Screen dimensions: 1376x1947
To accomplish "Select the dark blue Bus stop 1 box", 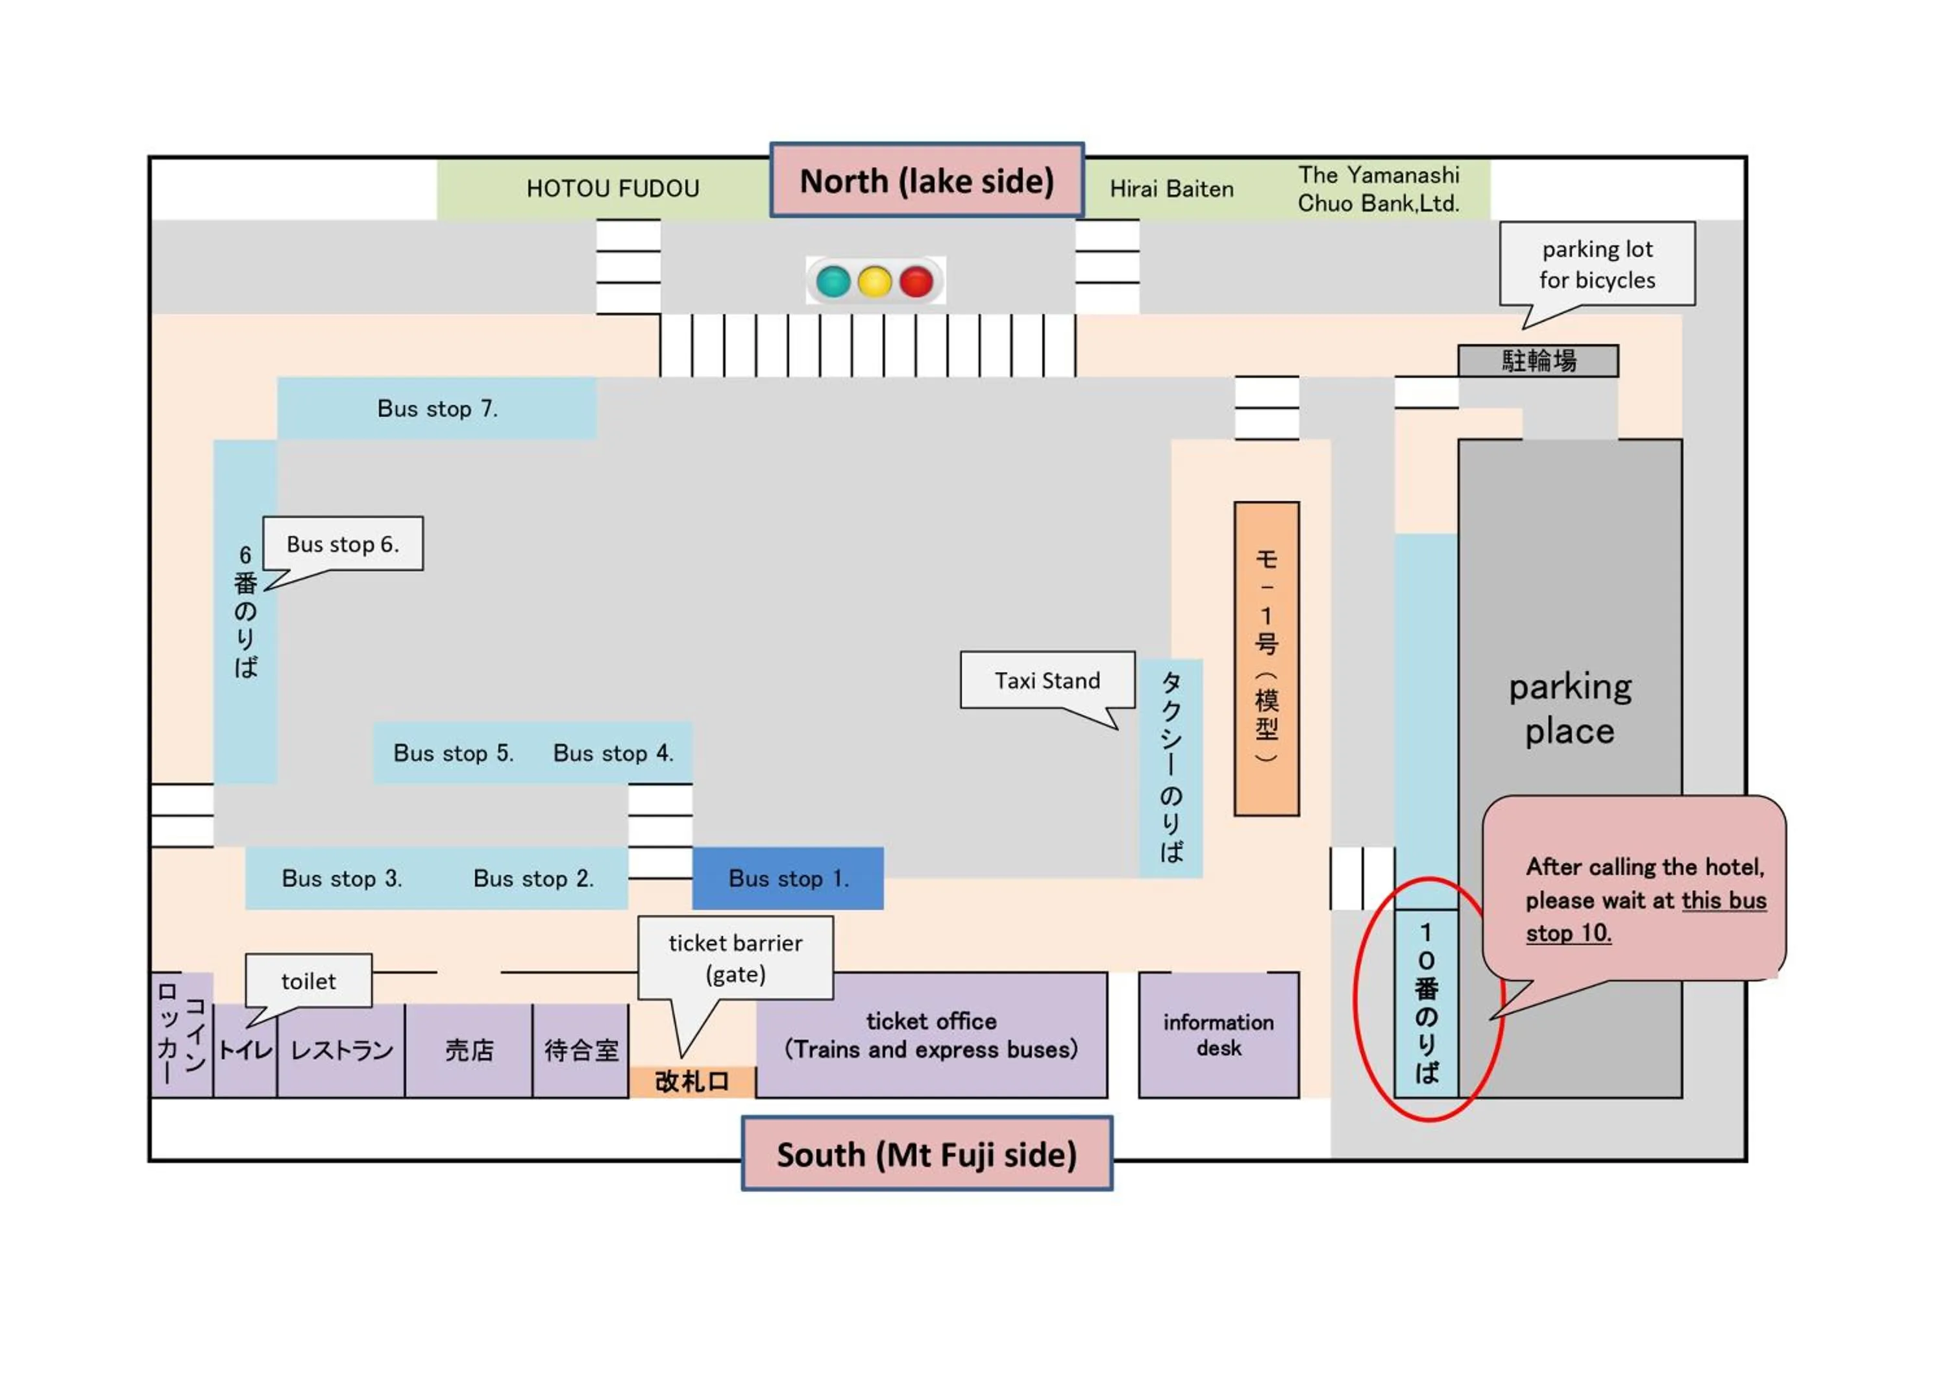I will pos(788,878).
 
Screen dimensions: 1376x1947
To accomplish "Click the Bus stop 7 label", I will pos(437,409).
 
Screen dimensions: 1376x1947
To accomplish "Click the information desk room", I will pos(1219,1035).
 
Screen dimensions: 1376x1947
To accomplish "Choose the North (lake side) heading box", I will pos(927,180).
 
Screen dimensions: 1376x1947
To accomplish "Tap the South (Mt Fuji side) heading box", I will pos(927,1154).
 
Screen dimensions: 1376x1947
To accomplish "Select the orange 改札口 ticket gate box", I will pos(692,1082).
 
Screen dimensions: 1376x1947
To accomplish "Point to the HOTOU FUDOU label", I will pos(612,188).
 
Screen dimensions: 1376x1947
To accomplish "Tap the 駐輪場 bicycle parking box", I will pos(1538,361).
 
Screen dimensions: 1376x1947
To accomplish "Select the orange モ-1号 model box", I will pos(1266,659).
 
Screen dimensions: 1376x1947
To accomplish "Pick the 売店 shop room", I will pos(469,1050).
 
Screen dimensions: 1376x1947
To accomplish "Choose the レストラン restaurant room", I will pos(342,1050).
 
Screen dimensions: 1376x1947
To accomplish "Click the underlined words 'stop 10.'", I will pos(1568,933).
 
